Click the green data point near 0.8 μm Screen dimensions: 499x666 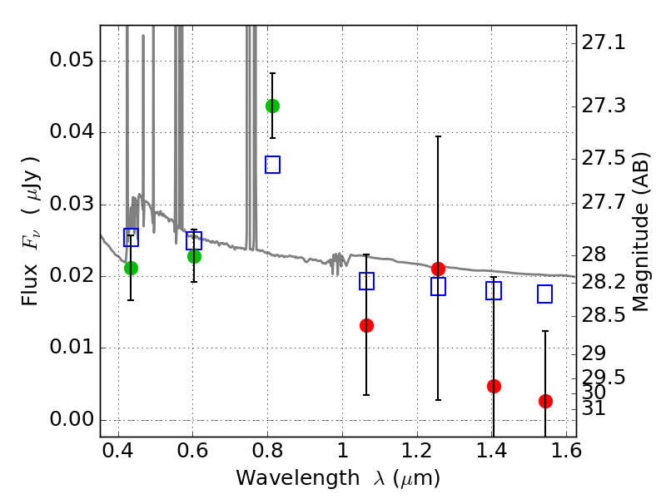click(272, 106)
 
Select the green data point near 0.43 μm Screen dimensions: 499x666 click(131, 268)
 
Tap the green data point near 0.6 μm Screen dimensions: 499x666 click(194, 256)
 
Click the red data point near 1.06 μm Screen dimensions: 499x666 click(366, 325)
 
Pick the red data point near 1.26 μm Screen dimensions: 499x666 click(438, 269)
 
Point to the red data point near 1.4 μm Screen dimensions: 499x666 click(494, 386)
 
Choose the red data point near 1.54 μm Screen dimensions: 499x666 click(545, 401)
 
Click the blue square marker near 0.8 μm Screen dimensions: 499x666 click(272, 165)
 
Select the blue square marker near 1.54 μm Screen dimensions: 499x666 click(545, 294)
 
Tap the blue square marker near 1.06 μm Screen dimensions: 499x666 click(366, 281)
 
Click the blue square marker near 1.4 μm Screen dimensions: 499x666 click(494, 290)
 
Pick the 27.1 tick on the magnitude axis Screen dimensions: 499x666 click(604, 42)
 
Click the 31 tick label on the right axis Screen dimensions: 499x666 click(594, 408)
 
